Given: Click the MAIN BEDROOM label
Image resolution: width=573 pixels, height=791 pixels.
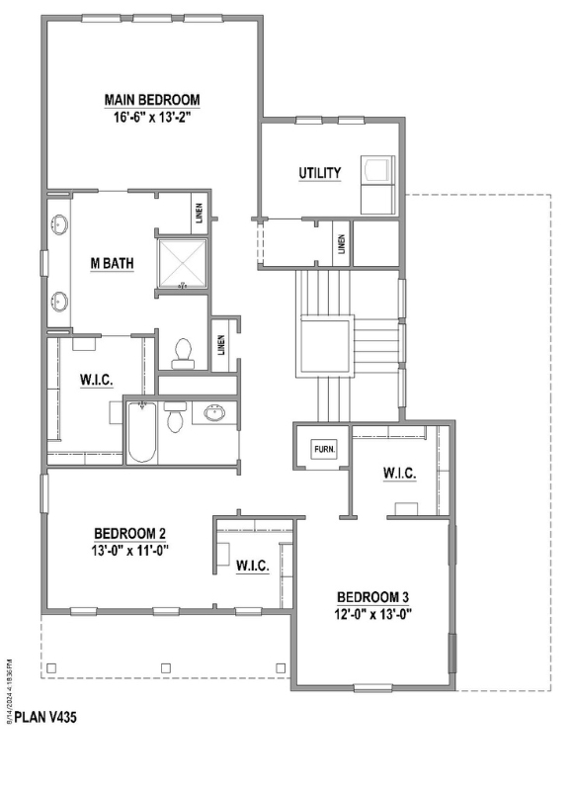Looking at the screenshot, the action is tap(152, 100).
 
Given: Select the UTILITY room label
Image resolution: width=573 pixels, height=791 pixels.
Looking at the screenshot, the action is tap(319, 173).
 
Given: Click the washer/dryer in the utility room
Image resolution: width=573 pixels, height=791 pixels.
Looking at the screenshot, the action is tap(377, 185).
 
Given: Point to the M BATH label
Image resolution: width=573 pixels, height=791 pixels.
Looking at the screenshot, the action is tap(112, 263).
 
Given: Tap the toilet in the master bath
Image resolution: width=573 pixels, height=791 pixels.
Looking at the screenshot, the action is tap(183, 354).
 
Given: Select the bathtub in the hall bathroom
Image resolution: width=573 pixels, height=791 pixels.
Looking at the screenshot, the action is tap(141, 432).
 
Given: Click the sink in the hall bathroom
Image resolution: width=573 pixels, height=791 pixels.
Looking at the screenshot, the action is tap(215, 413).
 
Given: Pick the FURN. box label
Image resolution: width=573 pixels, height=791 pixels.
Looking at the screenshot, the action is tap(324, 449).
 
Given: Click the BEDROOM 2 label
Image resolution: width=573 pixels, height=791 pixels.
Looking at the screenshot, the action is tap(130, 533).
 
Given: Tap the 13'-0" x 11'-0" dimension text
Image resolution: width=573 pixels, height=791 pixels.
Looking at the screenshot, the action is tap(130, 551).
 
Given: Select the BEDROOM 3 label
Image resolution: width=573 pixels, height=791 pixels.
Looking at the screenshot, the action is tap(372, 597).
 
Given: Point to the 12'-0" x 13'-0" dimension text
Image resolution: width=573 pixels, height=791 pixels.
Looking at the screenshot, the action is tap(372, 614).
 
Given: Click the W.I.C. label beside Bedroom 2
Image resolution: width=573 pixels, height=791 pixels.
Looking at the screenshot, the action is tap(253, 566).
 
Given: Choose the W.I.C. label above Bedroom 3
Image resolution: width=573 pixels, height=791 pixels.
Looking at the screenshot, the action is tap(400, 474).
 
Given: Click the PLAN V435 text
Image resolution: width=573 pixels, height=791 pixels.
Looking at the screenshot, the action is tap(45, 717).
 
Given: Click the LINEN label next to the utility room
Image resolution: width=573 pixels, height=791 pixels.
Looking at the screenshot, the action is tap(342, 244).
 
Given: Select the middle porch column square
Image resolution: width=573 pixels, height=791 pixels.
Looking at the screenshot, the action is tap(166, 668).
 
